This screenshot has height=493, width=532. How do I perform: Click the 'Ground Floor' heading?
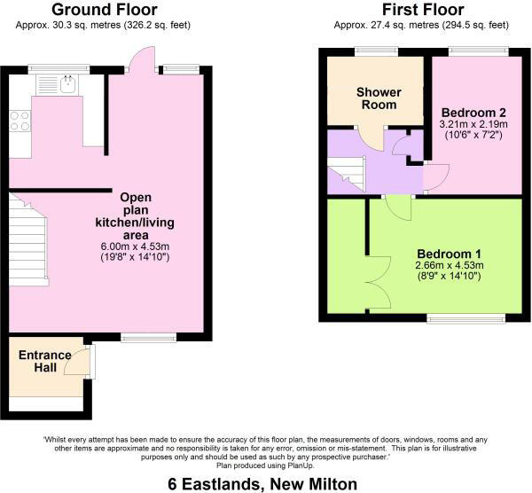(98, 11)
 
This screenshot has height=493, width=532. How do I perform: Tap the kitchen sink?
(66, 84)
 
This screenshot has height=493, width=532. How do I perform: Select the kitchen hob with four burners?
(20, 121)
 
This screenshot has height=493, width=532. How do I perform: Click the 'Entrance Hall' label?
(44, 363)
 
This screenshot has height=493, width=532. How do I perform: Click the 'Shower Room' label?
(379, 98)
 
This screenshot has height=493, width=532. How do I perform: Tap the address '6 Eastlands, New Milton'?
(264, 483)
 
